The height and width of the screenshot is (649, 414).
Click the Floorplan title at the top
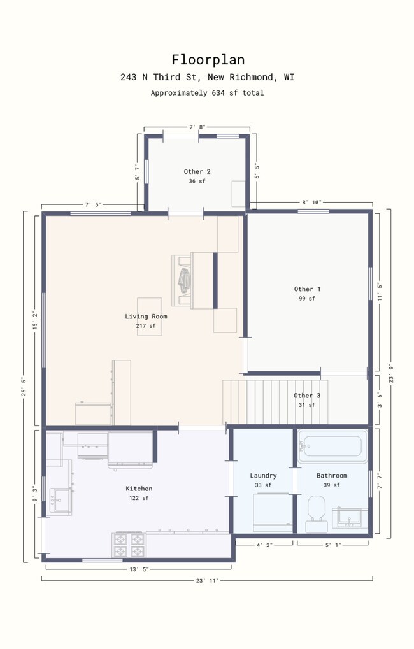point(207,59)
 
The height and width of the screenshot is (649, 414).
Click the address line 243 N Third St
point(207,78)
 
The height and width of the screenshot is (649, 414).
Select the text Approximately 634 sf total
point(207,93)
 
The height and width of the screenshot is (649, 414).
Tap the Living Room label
point(146,317)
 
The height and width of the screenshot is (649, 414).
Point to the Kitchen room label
point(139,489)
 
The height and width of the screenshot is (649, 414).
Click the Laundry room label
point(263,476)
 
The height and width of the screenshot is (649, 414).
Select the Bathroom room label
point(332,476)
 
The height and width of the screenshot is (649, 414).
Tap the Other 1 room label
point(307,289)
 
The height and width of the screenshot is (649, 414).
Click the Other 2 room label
point(197,171)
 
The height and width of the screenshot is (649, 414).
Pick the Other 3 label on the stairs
point(307,396)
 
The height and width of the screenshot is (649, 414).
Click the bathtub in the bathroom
point(332,446)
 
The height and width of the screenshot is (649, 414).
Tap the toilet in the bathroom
point(316,513)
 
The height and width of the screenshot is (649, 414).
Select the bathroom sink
point(350,517)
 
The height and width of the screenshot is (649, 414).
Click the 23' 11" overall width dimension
point(208,580)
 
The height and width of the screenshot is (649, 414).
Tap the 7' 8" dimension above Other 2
point(197,127)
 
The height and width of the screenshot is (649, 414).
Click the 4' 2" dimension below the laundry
point(264,545)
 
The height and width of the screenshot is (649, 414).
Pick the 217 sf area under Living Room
point(145,326)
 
